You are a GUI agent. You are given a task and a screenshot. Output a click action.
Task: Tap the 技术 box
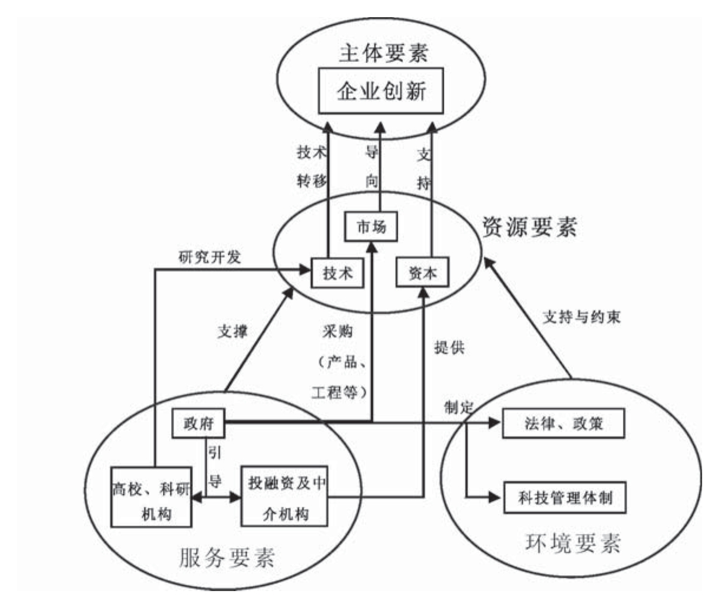click(337, 273)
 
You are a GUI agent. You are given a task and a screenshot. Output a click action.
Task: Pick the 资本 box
click(422, 273)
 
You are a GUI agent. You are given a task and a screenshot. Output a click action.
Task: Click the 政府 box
click(198, 423)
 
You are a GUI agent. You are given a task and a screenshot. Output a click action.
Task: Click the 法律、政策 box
click(563, 423)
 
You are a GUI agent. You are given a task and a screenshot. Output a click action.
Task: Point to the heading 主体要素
click(382, 53)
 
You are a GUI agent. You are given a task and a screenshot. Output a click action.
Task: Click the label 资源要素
click(529, 227)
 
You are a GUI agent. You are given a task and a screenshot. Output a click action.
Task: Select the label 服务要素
click(227, 556)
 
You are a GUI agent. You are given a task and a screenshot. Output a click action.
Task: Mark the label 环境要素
click(572, 543)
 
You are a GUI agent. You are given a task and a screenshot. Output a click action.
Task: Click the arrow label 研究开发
click(209, 257)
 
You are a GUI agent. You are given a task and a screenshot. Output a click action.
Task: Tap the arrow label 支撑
click(232, 332)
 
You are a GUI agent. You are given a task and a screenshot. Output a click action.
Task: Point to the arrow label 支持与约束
click(581, 317)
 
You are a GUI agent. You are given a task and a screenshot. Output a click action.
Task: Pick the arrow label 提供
click(449, 347)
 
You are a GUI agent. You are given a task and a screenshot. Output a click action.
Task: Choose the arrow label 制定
click(460, 408)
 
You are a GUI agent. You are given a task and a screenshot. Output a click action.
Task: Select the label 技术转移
click(312, 166)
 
